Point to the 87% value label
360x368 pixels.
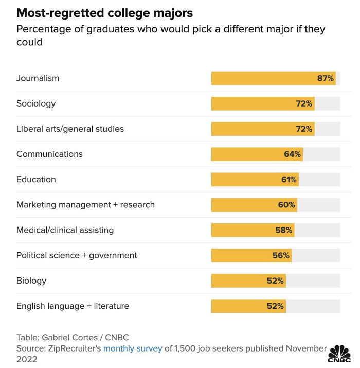[325, 78]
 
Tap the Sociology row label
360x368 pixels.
[36, 103]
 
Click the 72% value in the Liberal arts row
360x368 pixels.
[304, 129]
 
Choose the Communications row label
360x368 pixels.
[49, 154]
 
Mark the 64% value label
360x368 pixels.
[292, 154]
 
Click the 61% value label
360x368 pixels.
[288, 179]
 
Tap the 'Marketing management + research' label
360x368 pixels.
[85, 204]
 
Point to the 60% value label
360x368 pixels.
[286, 204]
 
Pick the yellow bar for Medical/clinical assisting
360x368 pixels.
[252, 230]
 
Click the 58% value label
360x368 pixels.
[283, 230]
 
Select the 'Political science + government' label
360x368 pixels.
[77, 255]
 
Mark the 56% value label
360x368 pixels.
[281, 255]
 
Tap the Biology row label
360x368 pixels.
[31, 281]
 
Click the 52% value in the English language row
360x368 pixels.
[275, 306]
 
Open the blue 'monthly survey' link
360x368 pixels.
[133, 348]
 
